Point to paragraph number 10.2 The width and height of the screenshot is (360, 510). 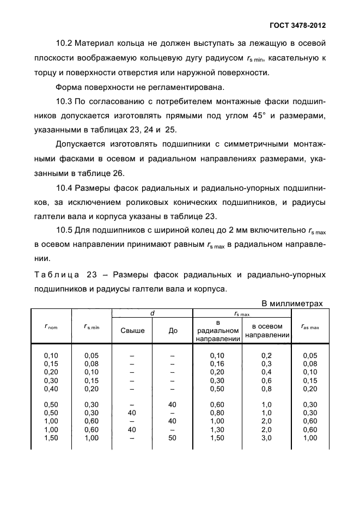click(x=66, y=43)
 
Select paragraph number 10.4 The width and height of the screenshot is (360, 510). click(x=65, y=189)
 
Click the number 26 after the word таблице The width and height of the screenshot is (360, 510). click(x=118, y=174)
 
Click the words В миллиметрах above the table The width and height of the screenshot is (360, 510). click(x=292, y=303)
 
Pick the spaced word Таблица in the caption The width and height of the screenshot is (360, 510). click(x=56, y=274)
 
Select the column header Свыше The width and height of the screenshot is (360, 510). click(x=132, y=330)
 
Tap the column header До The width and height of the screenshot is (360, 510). click(x=173, y=330)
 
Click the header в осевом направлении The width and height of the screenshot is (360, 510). click(x=267, y=330)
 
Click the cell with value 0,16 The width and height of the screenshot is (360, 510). click(x=217, y=363)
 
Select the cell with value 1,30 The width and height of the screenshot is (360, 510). click(x=217, y=430)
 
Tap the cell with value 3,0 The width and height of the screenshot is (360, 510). click(x=267, y=439)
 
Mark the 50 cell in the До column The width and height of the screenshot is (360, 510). click(x=173, y=439)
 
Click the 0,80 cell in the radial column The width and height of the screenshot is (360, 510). click(x=217, y=412)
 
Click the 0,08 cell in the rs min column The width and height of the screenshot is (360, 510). click(x=92, y=363)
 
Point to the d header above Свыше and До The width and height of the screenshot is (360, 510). click(x=152, y=313)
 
